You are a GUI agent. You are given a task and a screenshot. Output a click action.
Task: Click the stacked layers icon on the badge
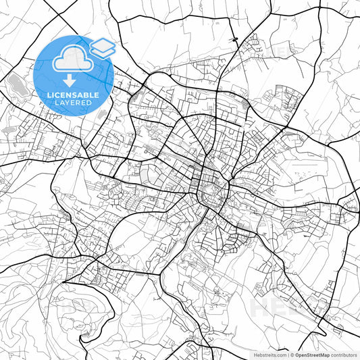(103, 47)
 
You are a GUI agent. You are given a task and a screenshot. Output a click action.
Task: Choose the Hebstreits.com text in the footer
(270, 354)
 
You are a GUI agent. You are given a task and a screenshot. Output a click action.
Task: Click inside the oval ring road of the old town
(213, 192)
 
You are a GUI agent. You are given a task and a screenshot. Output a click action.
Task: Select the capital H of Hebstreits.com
(256, 354)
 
